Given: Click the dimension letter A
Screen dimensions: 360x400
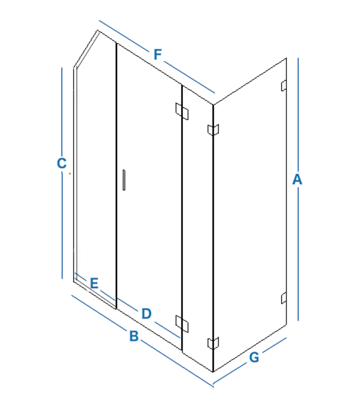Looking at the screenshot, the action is [x=297, y=179].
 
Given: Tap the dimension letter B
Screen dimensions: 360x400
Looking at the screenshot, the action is [x=134, y=336].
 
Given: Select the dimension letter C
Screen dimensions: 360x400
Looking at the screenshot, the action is [x=62, y=163].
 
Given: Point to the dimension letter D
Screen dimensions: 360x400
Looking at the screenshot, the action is [x=146, y=314].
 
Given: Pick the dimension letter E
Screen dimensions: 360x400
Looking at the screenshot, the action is [x=94, y=283].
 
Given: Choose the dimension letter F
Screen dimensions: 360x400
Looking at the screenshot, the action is [x=158, y=55].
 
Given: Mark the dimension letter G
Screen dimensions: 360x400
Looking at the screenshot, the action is [x=254, y=357].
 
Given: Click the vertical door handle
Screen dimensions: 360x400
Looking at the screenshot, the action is [x=124, y=180].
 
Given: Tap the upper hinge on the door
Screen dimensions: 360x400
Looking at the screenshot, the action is [x=182, y=111].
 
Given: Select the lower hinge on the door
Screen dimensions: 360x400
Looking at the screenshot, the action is [x=182, y=324].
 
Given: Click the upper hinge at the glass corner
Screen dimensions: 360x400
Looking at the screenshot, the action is [x=213, y=130].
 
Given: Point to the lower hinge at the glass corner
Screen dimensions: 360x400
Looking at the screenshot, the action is [x=213, y=343].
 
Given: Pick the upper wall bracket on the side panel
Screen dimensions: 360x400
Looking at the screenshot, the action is [x=284, y=86].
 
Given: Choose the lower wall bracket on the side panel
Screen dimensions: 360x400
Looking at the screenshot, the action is [x=284, y=298].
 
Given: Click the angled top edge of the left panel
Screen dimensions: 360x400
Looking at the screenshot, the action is [x=86, y=49].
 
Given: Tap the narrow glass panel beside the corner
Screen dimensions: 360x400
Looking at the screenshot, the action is [x=197, y=228].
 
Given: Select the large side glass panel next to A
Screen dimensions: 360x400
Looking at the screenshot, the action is [x=250, y=215].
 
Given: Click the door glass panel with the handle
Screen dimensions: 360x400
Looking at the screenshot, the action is [x=149, y=197].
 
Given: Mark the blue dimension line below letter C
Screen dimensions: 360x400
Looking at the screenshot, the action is [x=62, y=225].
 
